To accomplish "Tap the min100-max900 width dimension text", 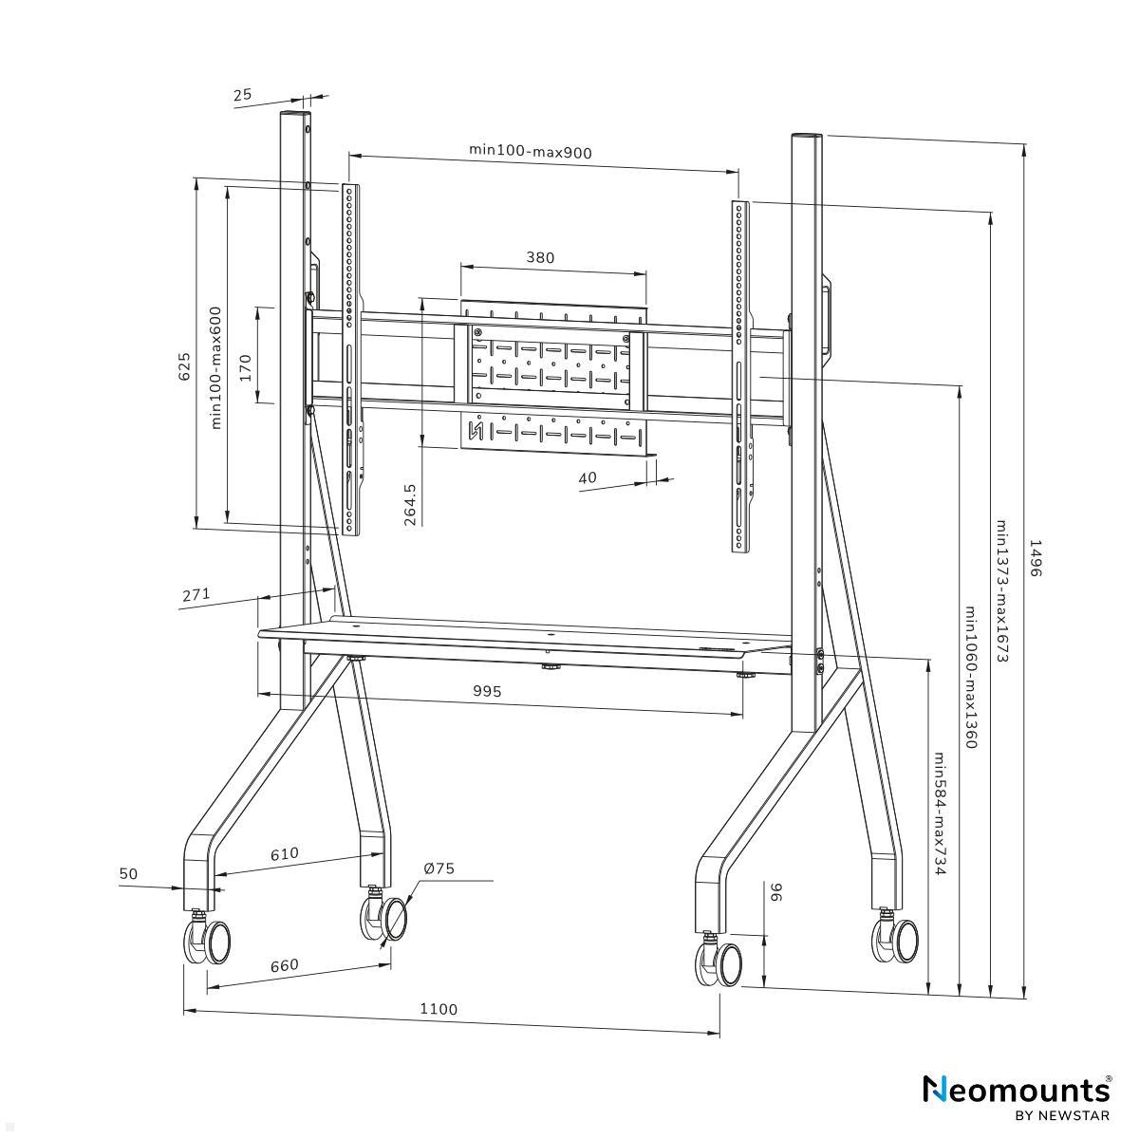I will point(531,151).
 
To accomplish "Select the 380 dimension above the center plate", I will point(540,257).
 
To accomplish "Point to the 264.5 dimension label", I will point(410,505).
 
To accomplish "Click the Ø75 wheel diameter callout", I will point(439,868).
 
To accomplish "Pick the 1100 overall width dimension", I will point(439,1009).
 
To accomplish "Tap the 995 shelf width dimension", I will point(487,691).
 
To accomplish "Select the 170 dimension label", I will point(245,368).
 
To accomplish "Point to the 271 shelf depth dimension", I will point(196,595).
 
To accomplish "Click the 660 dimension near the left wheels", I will point(284,965).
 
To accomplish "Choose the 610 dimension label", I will point(284,853).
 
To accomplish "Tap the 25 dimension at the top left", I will point(242,94).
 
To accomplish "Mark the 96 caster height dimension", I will point(775,892).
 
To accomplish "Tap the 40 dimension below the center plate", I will point(588,477).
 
